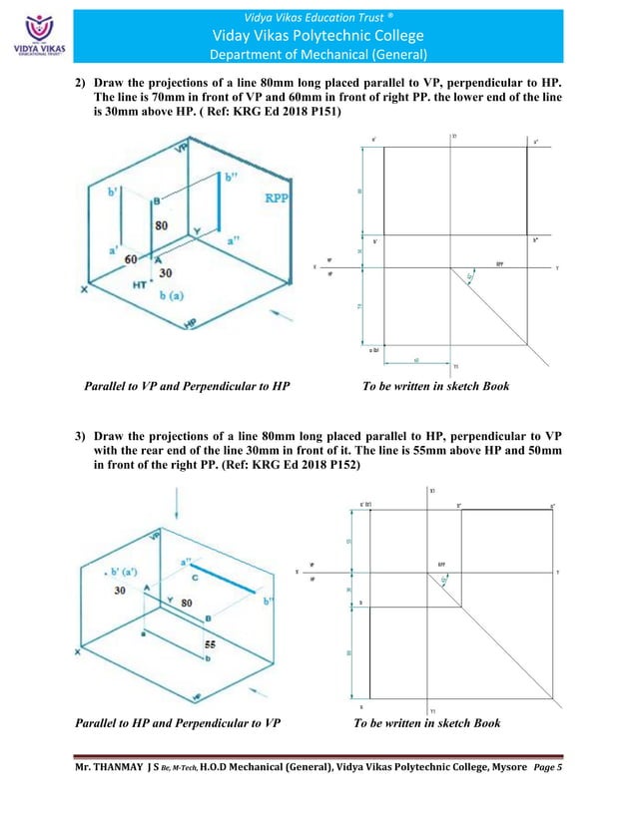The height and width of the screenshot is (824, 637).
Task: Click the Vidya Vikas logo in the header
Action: [35, 32]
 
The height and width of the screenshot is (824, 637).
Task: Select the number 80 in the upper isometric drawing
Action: [161, 224]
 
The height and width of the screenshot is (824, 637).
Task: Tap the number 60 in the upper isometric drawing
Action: [130, 259]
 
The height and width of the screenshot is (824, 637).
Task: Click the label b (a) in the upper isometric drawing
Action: [177, 296]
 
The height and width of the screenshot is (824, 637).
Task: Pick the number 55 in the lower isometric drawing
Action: [211, 645]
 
